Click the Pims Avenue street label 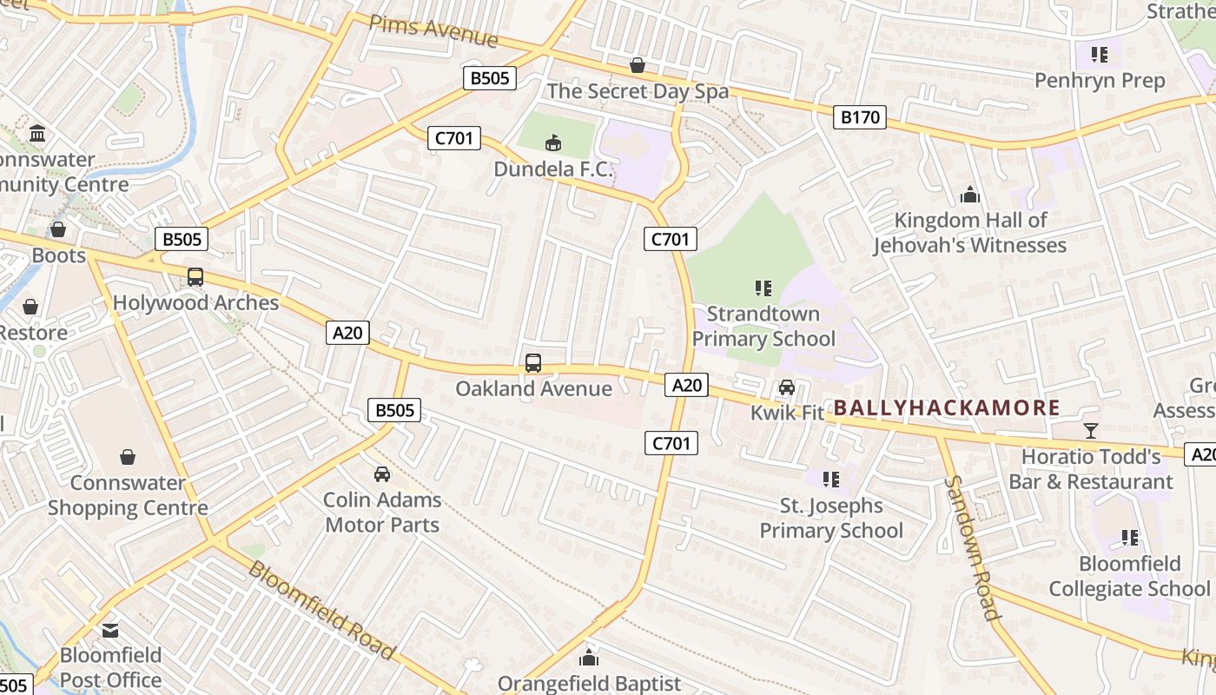433,32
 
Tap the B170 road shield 860,117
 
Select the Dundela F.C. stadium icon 552,142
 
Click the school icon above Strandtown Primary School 763,288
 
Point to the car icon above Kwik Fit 787,387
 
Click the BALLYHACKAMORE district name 948,407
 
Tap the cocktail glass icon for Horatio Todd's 1091,430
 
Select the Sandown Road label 973,547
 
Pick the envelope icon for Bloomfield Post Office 110,630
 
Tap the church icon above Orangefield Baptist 589,657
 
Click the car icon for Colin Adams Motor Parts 381,473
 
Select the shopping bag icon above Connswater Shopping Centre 128,456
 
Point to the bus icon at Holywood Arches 195,277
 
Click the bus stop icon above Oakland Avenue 533,363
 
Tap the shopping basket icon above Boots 58,229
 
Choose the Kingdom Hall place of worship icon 969,195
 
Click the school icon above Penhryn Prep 1100,55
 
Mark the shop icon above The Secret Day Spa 638,65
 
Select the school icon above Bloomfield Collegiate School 1129,538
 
